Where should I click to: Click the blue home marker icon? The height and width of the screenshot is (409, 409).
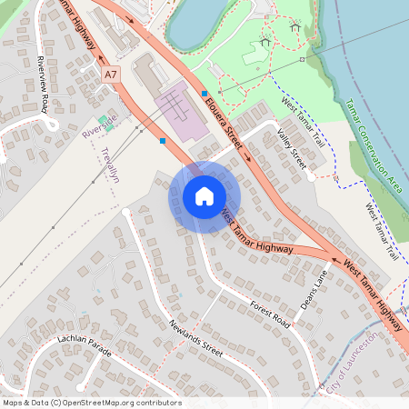point(204,196)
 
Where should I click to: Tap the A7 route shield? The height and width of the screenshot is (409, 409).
point(111,73)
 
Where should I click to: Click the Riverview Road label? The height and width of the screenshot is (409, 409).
point(43,84)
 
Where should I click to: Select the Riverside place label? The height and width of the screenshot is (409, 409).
point(100,126)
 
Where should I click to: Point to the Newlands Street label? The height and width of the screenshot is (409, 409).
point(195,335)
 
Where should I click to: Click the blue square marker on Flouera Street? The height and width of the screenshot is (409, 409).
point(204,94)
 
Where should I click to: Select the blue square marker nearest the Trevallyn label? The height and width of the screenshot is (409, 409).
point(163,141)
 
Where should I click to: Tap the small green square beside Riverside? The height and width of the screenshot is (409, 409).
point(102,117)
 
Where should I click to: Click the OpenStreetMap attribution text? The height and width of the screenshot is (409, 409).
point(91,403)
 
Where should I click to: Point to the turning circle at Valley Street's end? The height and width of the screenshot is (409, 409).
point(311,177)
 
